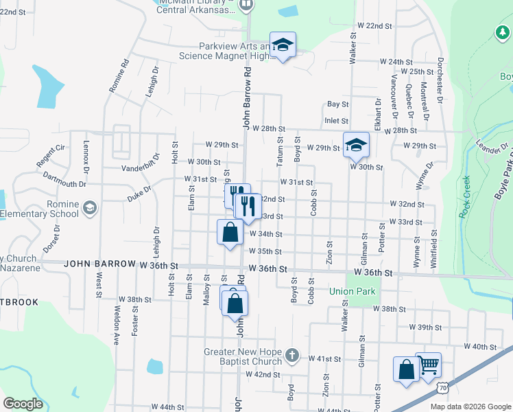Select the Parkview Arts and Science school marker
tap(282, 45)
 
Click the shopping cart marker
tap(429, 365)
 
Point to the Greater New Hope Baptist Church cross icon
tap(291, 355)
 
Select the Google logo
tap(23, 404)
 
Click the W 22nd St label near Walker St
tap(374, 25)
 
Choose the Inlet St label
tap(337, 121)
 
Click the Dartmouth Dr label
tap(64, 184)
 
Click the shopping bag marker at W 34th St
tap(230, 232)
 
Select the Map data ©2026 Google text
tap(470, 407)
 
